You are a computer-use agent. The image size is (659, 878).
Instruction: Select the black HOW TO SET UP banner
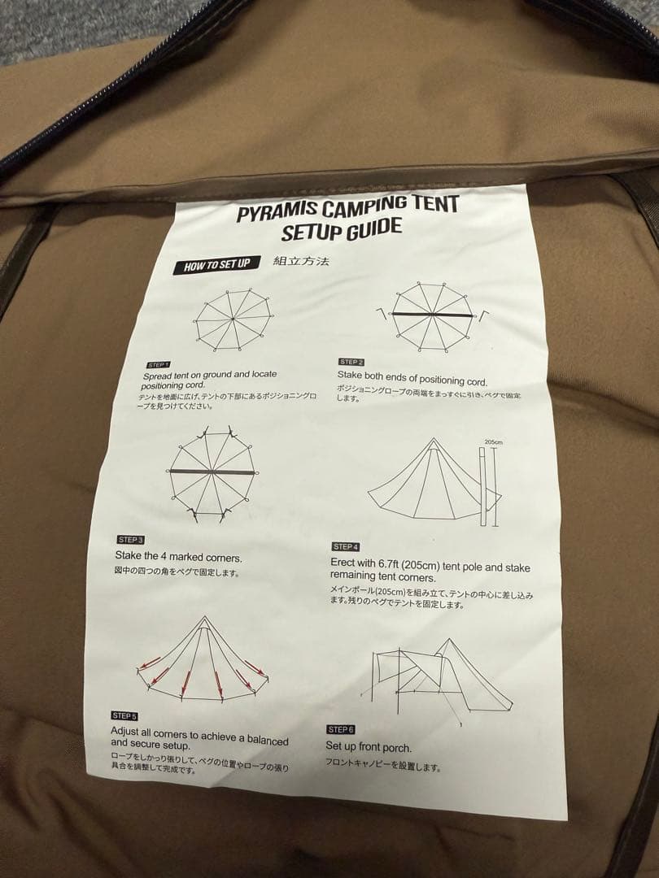pos(216,265)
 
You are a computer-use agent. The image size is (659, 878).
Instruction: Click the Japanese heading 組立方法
pos(300,262)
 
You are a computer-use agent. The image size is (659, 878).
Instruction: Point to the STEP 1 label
pos(158,365)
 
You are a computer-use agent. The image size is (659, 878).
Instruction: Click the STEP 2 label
pos(351,361)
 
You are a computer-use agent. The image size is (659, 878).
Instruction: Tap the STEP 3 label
pos(130,540)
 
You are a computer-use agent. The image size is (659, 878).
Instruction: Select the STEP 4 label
pos(345,547)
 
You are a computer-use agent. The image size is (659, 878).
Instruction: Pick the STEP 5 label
pos(124,715)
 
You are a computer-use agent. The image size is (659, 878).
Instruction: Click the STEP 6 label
pos(340,729)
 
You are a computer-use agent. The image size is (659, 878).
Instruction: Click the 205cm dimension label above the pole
pos(494,443)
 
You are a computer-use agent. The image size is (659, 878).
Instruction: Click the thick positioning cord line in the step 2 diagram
pos(432,314)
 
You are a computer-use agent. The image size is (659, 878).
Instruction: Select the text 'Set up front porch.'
pos(369,746)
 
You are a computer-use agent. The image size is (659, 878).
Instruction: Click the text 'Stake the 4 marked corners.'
pos(178,558)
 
